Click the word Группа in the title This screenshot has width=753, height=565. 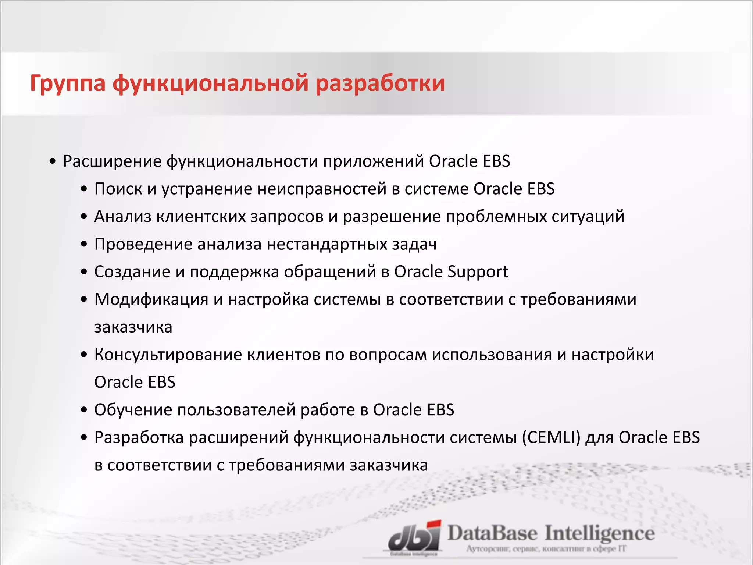pyautogui.click(x=68, y=84)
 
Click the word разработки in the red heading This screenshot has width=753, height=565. pyautogui.click(x=380, y=84)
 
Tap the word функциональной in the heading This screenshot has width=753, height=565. pyautogui.click(x=210, y=84)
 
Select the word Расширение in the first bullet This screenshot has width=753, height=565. pyautogui.click(x=112, y=161)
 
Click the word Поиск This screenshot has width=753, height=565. pyautogui.click(x=118, y=189)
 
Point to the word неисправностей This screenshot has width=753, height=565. pyautogui.click(x=322, y=189)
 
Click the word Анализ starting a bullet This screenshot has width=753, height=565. pyautogui.click(x=122, y=217)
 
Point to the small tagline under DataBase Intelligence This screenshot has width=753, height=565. pyautogui.click(x=546, y=549)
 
